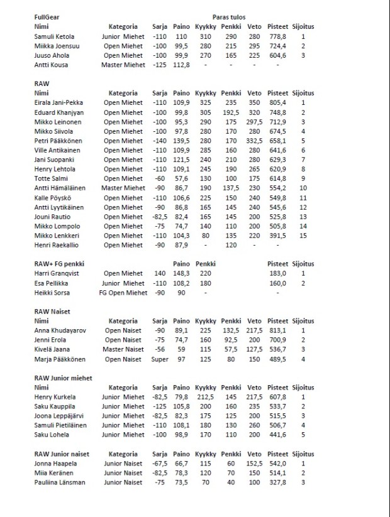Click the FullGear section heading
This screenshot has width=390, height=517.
tap(47, 18)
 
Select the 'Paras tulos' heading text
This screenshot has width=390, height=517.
tap(230, 18)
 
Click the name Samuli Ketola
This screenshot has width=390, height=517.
tap(55, 37)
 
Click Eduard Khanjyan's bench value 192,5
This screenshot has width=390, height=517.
tap(231, 111)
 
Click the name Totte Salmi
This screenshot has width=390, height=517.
tap(50, 178)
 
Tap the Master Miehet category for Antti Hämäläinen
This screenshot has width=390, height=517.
tap(124, 188)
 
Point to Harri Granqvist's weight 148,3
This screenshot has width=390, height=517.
tap(181, 274)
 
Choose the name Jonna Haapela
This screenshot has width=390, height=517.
tap(56, 463)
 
